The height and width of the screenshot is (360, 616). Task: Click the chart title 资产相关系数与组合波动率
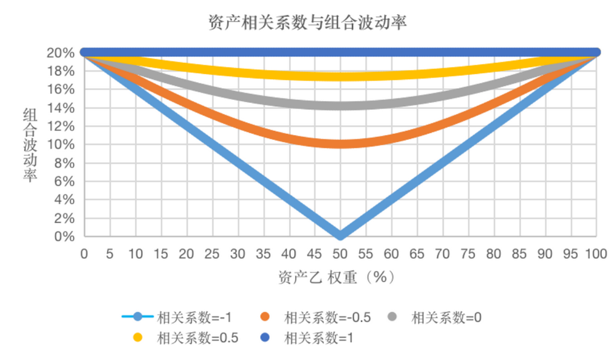click(x=307, y=23)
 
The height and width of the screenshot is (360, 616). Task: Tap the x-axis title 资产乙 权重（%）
click(x=336, y=277)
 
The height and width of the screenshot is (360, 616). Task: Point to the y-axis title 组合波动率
click(x=30, y=145)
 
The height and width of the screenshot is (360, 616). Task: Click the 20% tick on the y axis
click(x=60, y=52)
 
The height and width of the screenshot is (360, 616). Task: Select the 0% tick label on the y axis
click(x=63, y=237)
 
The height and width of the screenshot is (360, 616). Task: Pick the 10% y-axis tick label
click(x=60, y=145)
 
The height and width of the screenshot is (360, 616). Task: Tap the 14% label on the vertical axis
click(x=60, y=108)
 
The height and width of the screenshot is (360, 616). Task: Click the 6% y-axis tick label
click(x=63, y=182)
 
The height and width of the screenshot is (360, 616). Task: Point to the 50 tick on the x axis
click(x=340, y=253)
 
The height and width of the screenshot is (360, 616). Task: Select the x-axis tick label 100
click(x=596, y=253)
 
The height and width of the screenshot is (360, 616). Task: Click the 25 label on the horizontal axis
click(x=212, y=253)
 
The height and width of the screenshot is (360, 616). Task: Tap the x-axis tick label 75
click(x=468, y=253)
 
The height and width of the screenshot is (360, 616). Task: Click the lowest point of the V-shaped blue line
click(x=340, y=235)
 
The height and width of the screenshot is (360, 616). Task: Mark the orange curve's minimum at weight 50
click(x=340, y=144)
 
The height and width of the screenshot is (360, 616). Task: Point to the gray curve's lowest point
click(x=340, y=105)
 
